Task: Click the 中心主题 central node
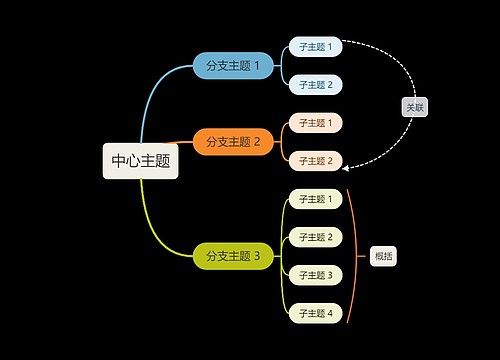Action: (x=140, y=160)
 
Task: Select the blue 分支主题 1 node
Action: (x=232, y=66)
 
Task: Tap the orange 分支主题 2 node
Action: (x=232, y=142)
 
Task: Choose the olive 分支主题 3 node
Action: (x=232, y=256)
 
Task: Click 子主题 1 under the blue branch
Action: (x=315, y=47)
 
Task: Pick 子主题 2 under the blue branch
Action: (x=315, y=85)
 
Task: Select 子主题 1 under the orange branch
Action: (x=315, y=123)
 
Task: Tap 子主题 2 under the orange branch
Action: (x=315, y=161)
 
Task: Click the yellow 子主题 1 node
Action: (x=315, y=199)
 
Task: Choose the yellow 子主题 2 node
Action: (x=315, y=237)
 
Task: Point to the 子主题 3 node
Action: (x=315, y=275)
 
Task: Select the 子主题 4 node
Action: (x=315, y=313)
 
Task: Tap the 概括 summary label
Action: (x=383, y=256)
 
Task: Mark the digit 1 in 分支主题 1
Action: (x=257, y=66)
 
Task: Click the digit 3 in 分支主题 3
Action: (x=257, y=256)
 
